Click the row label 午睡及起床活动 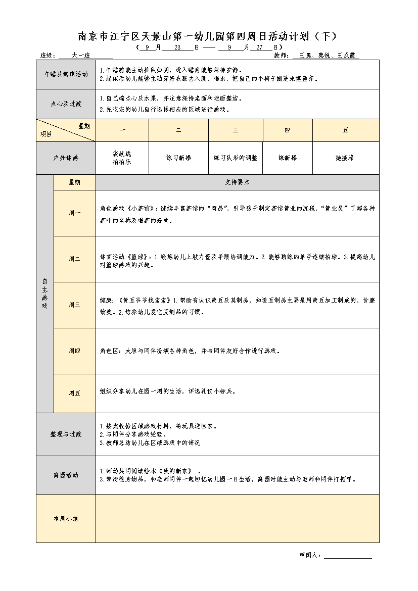point(66,74)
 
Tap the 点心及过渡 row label point(66,104)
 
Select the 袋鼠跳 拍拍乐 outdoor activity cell point(122,158)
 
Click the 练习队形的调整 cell point(236,158)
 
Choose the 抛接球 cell point(345,158)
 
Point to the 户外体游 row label point(66,158)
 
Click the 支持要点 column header point(237,182)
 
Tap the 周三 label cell point(74,305)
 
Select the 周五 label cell point(74,393)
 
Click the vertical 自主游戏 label point(44,293)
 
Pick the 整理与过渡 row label point(66,434)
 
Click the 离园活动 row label point(66,475)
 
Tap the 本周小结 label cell point(66,518)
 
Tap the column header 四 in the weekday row point(287,130)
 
